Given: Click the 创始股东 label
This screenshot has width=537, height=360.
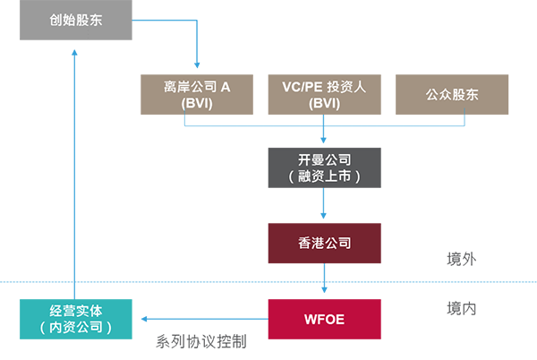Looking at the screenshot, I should pyautogui.click(x=76, y=18).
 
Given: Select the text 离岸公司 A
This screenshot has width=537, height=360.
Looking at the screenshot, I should pyautogui.click(x=197, y=87).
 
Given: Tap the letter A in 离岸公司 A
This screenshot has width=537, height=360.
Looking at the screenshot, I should pyautogui.click(x=226, y=87).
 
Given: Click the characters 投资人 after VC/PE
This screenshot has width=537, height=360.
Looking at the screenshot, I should pyautogui.click(x=347, y=87).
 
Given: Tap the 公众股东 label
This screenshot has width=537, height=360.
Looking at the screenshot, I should pyautogui.click(x=452, y=95).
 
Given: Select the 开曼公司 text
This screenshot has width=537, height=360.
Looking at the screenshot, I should pyautogui.click(x=323, y=159).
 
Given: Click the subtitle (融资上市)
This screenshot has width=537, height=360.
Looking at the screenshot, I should pyautogui.click(x=323, y=176).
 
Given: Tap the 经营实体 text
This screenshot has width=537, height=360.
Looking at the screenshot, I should pyautogui.click(x=75, y=311).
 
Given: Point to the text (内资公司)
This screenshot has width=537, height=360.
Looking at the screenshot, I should pyautogui.click(x=75, y=328).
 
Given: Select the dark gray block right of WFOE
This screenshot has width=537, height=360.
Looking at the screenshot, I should pyautogui.click(x=462, y=318).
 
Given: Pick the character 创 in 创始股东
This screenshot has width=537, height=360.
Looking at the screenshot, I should pyautogui.click(x=55, y=18).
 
